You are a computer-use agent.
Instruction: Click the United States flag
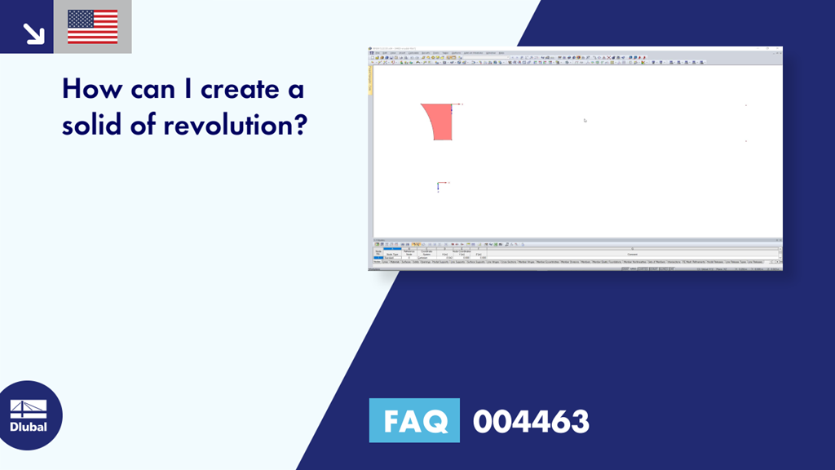[92, 27]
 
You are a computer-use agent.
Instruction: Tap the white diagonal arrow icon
[33, 33]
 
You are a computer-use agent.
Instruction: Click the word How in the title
[89, 89]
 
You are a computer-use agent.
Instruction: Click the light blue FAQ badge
[414, 421]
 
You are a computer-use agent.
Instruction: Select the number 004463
[531, 421]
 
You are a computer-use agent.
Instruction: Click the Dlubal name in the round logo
[28, 427]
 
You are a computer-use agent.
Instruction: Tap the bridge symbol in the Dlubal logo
[28, 408]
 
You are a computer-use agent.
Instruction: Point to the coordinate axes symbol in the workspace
[440, 186]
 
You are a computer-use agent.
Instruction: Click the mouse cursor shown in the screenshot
[585, 120]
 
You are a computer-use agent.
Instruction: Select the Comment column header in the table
[633, 253]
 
